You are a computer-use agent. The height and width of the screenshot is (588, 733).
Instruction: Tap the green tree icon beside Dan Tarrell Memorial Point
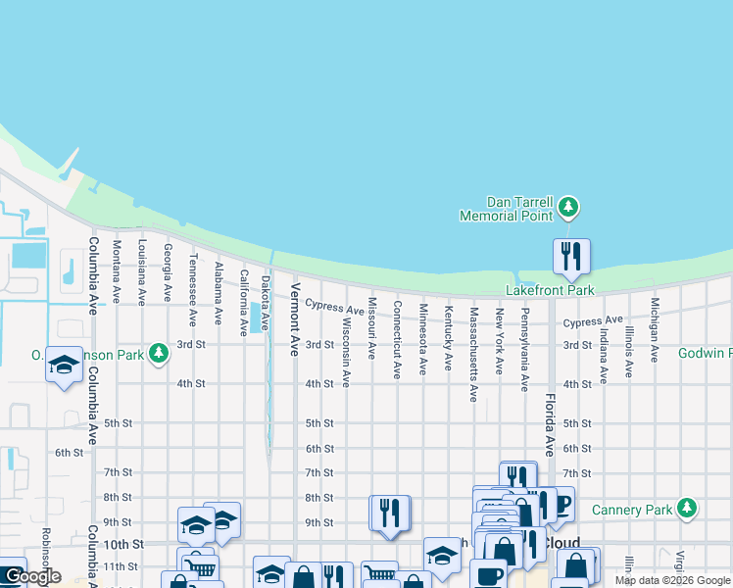point(568,207)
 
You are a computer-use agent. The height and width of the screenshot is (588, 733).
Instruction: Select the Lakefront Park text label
point(550,290)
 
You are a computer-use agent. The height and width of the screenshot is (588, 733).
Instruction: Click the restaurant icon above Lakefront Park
point(571,257)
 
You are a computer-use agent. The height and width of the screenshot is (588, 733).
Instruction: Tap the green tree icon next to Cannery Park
point(688,507)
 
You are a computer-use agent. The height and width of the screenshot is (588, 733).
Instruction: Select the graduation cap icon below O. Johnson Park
point(65,366)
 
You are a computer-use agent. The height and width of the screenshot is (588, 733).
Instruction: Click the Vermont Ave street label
point(294,318)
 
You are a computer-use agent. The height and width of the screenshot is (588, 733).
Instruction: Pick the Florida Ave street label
point(549,422)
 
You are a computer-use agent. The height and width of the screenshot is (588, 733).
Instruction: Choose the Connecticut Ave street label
point(397,339)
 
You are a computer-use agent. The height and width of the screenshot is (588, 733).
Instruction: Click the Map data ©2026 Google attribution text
point(672,580)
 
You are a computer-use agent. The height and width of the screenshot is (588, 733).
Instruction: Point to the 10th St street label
point(124,544)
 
